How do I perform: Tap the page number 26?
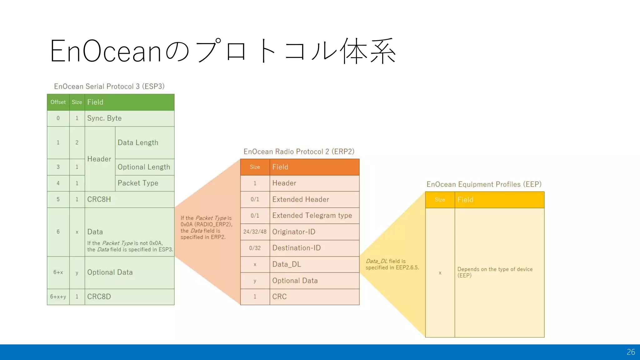coord(631,352)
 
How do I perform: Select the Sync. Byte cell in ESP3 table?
coord(129,118)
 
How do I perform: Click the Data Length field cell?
coord(144,143)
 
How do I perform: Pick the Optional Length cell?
coord(144,167)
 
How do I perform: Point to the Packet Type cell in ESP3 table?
coord(144,183)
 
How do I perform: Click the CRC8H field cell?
coord(129,199)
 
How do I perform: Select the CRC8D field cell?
coord(129,297)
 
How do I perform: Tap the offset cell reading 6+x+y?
coord(58,297)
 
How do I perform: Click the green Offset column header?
coord(58,102)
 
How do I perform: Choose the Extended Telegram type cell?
coord(314,216)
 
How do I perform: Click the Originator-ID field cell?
coord(314,232)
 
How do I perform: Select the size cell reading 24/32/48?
coord(255,232)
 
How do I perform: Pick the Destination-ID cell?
coord(314,248)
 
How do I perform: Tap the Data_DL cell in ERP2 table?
coord(314,264)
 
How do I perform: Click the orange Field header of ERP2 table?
coord(314,167)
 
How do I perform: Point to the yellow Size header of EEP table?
coord(440,200)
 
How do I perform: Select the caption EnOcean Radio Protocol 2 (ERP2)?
coord(299,152)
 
